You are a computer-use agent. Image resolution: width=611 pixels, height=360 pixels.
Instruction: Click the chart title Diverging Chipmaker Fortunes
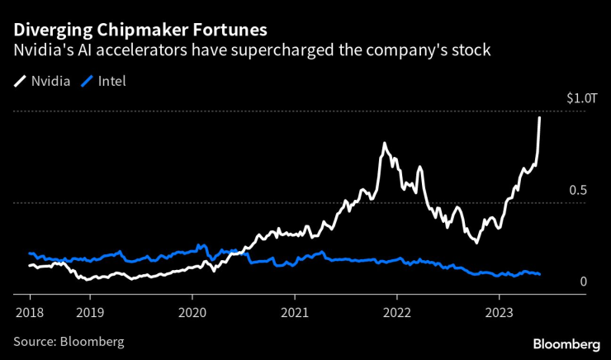(140, 30)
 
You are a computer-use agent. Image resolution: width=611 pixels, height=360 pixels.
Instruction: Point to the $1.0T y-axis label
(580, 98)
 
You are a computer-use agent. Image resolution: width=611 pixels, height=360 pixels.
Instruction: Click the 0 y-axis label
(583, 282)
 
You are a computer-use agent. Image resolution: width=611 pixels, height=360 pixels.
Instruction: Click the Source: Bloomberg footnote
(69, 341)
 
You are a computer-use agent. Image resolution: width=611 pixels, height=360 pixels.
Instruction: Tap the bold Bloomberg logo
(566, 343)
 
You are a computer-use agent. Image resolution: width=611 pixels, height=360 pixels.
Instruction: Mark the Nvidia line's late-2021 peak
(384, 144)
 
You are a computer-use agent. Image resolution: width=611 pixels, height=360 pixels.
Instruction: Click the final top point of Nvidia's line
(540, 117)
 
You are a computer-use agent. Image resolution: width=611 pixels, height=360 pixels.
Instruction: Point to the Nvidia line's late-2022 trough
(476, 242)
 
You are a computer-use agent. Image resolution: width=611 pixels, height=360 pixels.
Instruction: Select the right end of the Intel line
(540, 274)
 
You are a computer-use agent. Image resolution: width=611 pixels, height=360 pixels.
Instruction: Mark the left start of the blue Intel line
(30, 253)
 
